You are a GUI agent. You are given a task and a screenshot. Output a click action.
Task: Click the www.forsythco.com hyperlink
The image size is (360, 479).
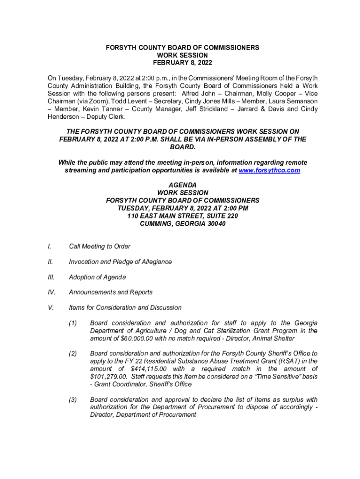coord(269,170)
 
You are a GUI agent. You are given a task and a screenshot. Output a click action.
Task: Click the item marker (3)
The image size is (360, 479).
coord(73,400)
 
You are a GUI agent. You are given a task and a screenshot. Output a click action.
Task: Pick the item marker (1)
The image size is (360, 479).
coord(73,323)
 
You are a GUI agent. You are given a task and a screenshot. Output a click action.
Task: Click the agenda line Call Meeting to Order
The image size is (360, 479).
coord(100,247)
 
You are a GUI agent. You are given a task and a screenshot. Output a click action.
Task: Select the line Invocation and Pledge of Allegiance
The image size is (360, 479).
coord(120,262)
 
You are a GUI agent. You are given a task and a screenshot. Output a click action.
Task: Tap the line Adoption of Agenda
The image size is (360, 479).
coord(97,277)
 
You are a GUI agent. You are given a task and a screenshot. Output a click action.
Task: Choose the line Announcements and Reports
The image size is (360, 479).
coord(111,292)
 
